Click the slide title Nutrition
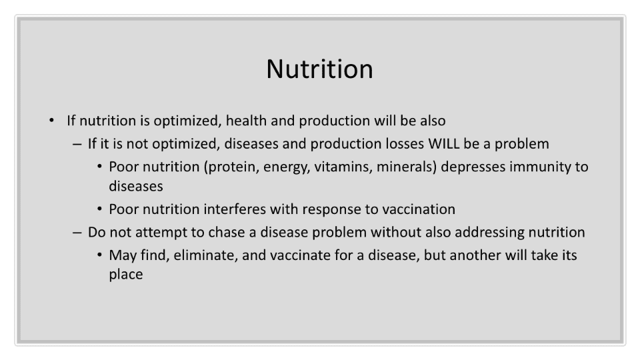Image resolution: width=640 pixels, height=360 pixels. coord(319,69)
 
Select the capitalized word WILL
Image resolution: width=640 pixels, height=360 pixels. coord(444,144)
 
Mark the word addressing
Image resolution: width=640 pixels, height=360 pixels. coord(489,233)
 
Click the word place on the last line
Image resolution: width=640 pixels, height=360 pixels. coord(126,275)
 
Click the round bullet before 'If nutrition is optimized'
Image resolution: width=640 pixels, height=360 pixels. coord(51,121)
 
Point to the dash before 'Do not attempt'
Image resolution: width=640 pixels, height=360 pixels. coord(77,233)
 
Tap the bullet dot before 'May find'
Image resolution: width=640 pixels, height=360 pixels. coord(99,255)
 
